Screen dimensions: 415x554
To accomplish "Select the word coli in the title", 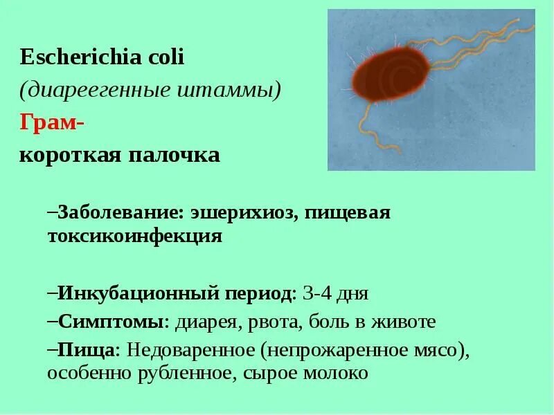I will pyautogui.click(x=165, y=57).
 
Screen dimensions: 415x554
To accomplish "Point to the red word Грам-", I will pyautogui.click(x=51, y=122).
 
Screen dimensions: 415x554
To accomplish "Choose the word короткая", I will pyautogui.click(x=68, y=154).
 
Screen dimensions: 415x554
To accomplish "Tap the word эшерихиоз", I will pyautogui.click(x=240, y=212).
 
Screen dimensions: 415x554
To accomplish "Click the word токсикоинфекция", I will pyautogui.click(x=134, y=236).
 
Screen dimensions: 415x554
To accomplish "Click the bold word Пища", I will pyautogui.click(x=86, y=350).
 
